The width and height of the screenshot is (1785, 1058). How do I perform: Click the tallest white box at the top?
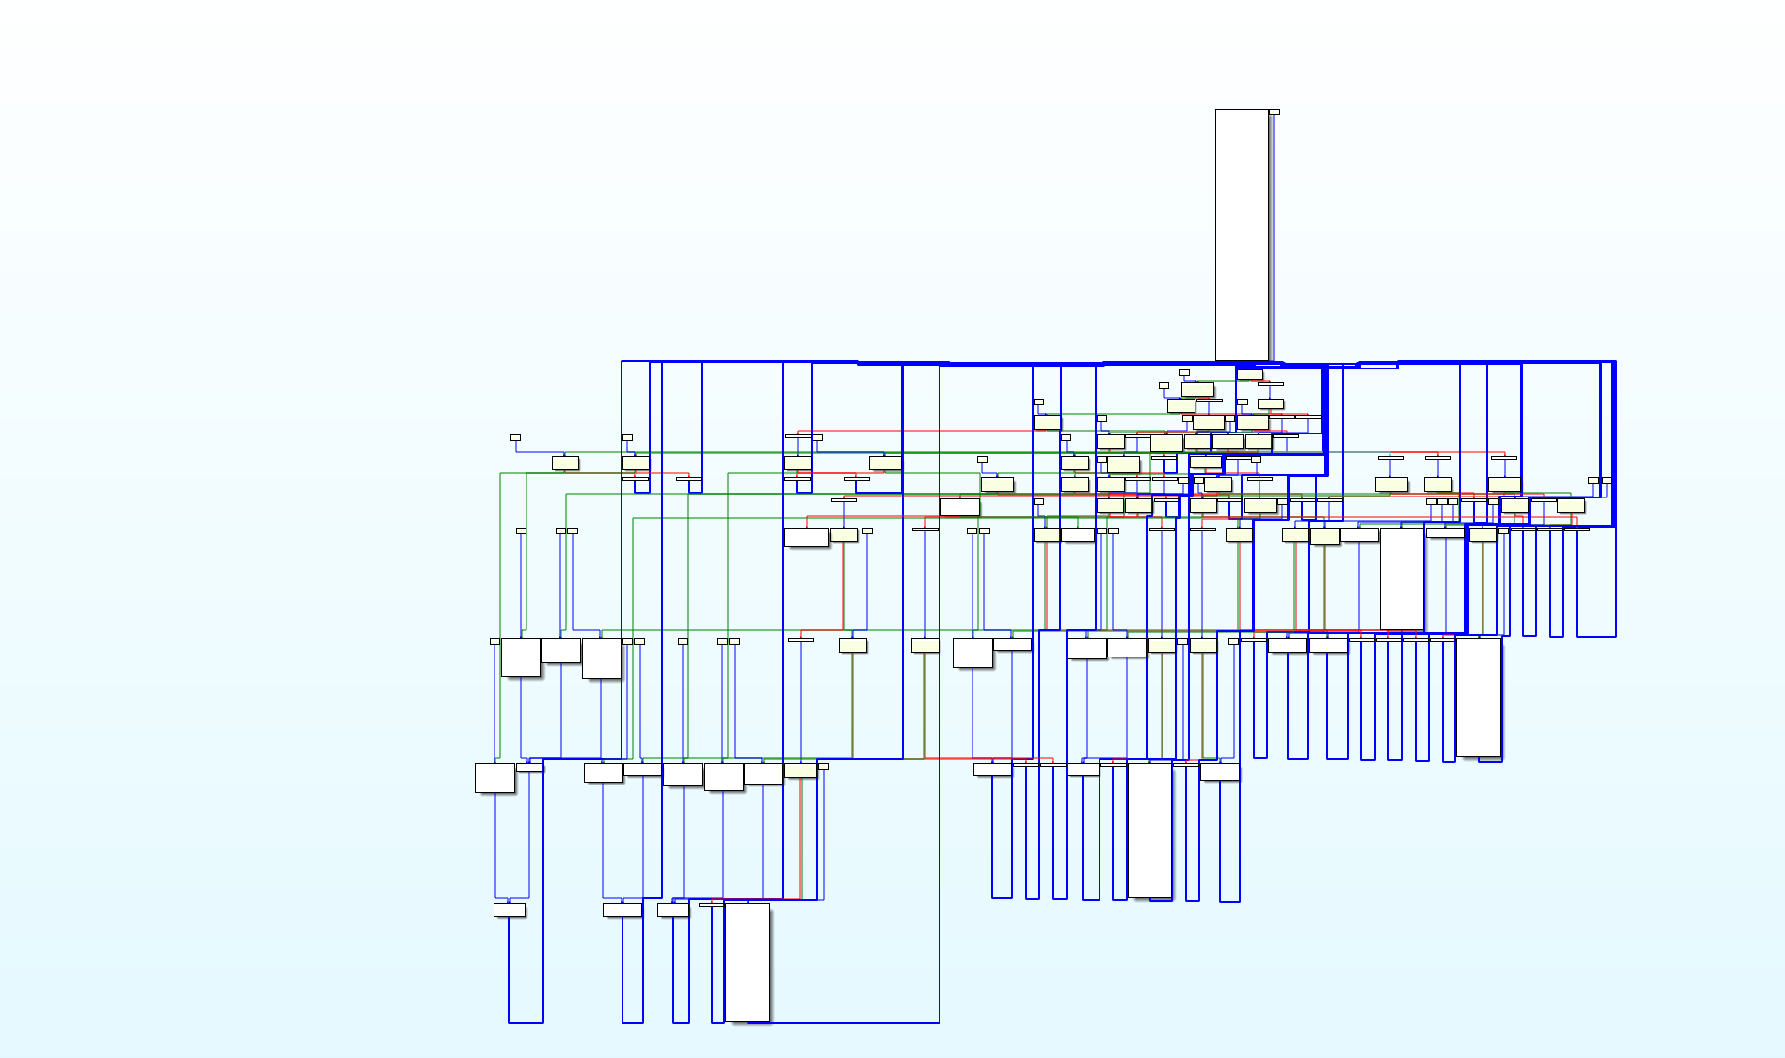tap(1242, 234)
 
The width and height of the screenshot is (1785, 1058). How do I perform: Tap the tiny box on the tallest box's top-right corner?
tap(1274, 112)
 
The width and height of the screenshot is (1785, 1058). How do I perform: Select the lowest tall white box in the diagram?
tap(748, 962)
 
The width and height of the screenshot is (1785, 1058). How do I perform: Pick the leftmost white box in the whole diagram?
tap(494, 778)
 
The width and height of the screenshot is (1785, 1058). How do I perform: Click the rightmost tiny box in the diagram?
tap(1607, 480)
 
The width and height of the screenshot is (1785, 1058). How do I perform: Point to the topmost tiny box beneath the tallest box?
tap(1184, 372)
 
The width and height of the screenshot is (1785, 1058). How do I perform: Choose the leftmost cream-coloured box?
tap(565, 463)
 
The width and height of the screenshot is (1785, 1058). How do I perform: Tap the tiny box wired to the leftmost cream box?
tap(515, 438)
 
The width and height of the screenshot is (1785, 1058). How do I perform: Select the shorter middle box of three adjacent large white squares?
tap(560, 651)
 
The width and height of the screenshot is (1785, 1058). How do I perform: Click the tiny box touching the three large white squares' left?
tap(494, 641)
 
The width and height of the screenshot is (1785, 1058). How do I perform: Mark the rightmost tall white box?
tap(1479, 696)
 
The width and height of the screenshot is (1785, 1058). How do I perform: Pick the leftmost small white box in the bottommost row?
tap(509, 910)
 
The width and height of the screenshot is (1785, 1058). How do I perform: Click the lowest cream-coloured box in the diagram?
tap(801, 770)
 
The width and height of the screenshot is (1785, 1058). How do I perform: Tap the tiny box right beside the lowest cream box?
tap(823, 766)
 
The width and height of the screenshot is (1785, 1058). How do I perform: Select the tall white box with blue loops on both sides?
tap(1150, 829)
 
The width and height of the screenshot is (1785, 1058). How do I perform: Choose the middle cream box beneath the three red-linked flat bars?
tap(1438, 484)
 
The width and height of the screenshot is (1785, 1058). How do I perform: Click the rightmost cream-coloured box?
tap(1571, 505)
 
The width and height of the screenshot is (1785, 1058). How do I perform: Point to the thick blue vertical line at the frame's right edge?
tap(1613, 443)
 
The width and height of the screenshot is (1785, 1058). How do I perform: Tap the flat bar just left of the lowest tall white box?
tap(711, 905)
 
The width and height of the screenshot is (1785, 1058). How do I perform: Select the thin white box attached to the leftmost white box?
tap(529, 767)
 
